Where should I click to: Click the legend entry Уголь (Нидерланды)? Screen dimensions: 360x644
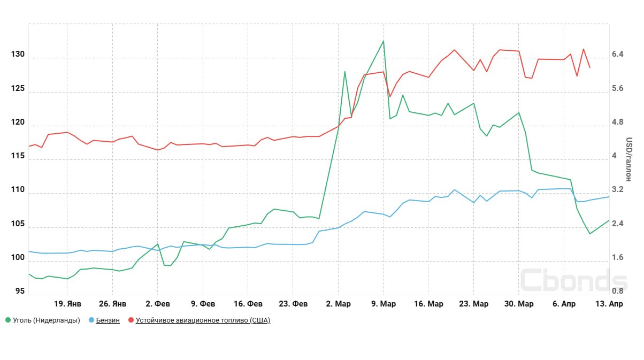(46, 320)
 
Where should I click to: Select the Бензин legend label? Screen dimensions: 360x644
(108, 320)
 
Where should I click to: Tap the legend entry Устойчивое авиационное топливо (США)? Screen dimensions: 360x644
(203, 320)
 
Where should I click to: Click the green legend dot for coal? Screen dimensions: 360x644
(8, 320)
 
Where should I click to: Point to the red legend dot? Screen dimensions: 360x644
(131, 320)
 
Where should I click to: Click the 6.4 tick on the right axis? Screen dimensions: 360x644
(618, 55)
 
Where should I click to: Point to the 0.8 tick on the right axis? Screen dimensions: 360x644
(618, 292)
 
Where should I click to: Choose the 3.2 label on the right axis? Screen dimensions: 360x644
(618, 190)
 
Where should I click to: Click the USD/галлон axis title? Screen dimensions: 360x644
(629, 159)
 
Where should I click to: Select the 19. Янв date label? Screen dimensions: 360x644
(67, 304)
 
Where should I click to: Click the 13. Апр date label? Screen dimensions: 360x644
(609, 304)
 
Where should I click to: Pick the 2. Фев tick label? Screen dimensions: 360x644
(158, 304)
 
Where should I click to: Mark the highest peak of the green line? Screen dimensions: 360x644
(384, 41)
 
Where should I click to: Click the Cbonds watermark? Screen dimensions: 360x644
(573, 280)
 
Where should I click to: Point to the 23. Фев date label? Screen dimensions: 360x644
(293, 304)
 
